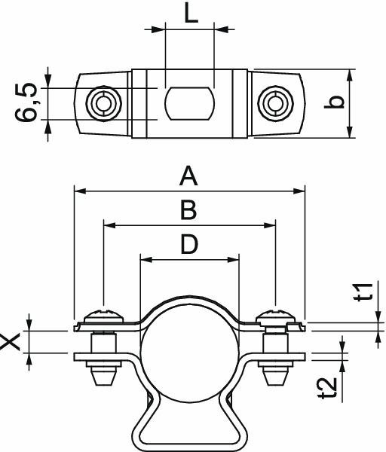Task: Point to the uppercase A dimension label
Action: point(188,177)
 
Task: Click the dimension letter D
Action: point(188,244)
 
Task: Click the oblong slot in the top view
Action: point(189,103)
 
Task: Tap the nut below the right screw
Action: point(276,372)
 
